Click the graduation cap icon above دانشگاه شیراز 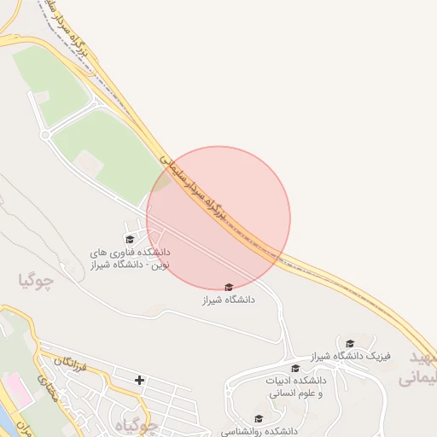(x=228, y=288)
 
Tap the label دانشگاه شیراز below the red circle (x=228, y=300)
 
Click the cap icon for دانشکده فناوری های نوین (x=130, y=240)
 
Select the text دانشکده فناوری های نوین (x=131, y=258)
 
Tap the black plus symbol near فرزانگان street (x=139, y=379)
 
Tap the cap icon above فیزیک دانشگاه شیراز (x=349, y=343)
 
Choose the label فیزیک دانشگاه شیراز (x=350, y=355)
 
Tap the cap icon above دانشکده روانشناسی (x=259, y=419)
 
